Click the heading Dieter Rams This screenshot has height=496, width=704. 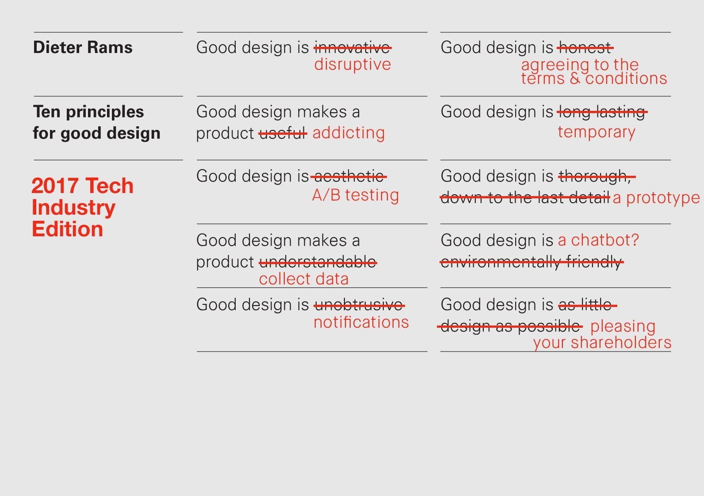click(83, 47)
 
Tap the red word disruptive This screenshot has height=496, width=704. click(352, 64)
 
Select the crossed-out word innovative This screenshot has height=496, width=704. click(352, 47)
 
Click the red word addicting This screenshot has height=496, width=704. click(348, 133)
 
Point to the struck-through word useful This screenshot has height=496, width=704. click(283, 133)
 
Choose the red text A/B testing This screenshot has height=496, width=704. click(356, 195)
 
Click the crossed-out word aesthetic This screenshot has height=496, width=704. click(348, 176)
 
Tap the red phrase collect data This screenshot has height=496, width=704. click(304, 279)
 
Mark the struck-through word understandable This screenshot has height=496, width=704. click(318, 262)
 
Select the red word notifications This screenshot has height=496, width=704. click(361, 322)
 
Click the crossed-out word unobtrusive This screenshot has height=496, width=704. click(359, 305)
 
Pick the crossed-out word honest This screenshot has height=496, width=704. click(585, 47)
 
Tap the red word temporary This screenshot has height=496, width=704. click(596, 132)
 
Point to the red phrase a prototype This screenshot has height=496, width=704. click(656, 198)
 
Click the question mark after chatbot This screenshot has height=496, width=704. click(635, 240)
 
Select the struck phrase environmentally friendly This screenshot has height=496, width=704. click(531, 262)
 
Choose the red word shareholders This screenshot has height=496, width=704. click(621, 343)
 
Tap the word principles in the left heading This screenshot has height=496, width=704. click(105, 112)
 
